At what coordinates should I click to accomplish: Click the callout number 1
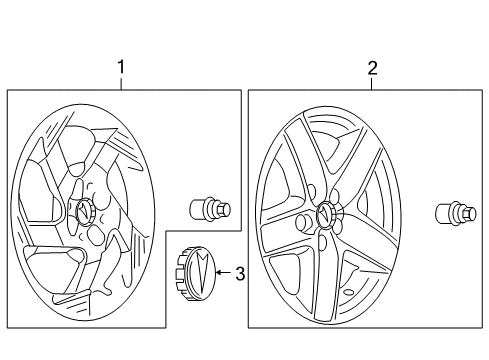click(122, 67)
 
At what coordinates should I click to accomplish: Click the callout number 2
click(372, 68)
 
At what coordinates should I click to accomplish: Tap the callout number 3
click(239, 272)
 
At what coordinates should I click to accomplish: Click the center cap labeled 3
click(195, 271)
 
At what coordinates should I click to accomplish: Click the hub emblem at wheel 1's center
click(82, 209)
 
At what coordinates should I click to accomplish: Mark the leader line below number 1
click(122, 83)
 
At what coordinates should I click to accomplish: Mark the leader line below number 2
click(372, 84)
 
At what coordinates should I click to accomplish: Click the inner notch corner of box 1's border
click(166, 232)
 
